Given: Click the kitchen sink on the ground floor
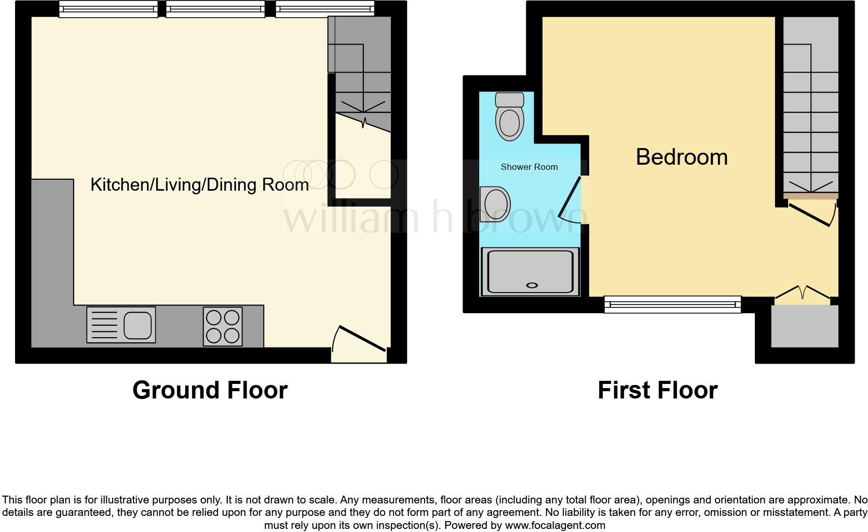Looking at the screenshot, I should (x=121, y=325).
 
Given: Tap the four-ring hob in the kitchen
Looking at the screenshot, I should (x=223, y=326).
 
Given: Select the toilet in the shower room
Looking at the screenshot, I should (x=510, y=117).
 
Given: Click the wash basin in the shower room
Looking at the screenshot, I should (x=494, y=204).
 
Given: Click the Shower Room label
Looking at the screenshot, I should (x=529, y=167).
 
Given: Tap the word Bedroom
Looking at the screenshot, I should (x=681, y=157).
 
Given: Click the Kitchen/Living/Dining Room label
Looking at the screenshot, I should (x=199, y=184).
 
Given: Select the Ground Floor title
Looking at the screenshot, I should (x=210, y=390).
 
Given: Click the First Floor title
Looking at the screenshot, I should (x=657, y=390).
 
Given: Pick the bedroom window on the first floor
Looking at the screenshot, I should (x=672, y=304).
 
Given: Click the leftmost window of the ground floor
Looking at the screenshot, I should (x=108, y=9).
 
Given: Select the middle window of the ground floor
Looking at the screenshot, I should (x=215, y=9).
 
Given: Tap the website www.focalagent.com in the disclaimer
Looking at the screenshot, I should (x=555, y=525).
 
